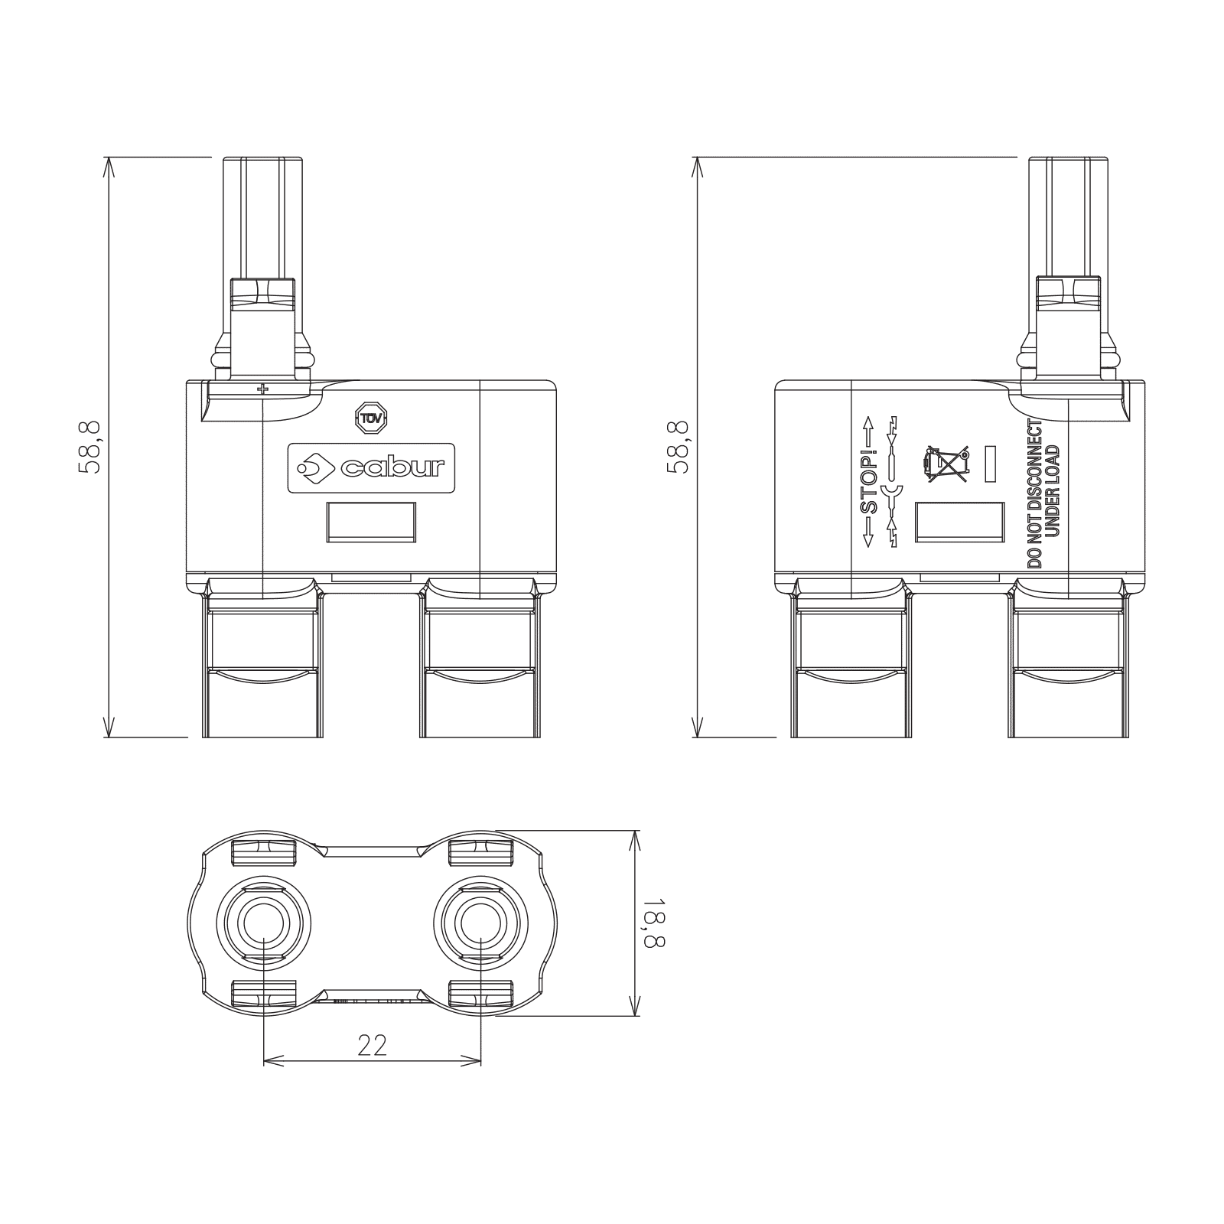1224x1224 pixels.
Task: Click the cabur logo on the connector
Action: pyautogui.click(x=371, y=467)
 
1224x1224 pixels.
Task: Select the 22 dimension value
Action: pyautogui.click(x=373, y=1045)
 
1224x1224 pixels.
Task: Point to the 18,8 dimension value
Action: pyautogui.click(x=654, y=923)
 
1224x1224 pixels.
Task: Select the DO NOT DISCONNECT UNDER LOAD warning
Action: pyautogui.click(x=1043, y=493)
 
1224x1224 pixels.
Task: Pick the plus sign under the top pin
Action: pyautogui.click(x=263, y=389)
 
